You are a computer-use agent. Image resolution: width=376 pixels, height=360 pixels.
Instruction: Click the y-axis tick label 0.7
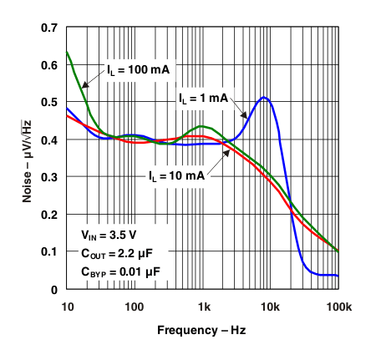pyautogui.click(x=48, y=28)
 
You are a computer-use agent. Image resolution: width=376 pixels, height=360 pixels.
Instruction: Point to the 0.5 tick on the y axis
pyautogui.click(x=48, y=103)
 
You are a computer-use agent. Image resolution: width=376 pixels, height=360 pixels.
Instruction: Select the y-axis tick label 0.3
pyautogui.click(x=48, y=177)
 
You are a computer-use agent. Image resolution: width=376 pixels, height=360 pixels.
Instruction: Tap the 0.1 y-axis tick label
pyautogui.click(x=48, y=252)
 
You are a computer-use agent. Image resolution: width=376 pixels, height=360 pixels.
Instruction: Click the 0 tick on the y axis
pyautogui.click(x=53, y=290)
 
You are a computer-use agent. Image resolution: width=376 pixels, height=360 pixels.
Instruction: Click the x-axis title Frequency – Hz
pyautogui.click(x=202, y=330)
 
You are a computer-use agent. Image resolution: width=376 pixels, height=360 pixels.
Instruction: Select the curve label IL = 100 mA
pyautogui.click(x=137, y=69)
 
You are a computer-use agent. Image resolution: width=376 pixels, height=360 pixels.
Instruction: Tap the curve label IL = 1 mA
pyautogui.click(x=203, y=99)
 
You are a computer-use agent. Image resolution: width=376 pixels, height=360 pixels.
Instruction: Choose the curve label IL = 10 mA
pyautogui.click(x=176, y=176)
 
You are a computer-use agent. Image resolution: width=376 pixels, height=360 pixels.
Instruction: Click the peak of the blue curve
pyautogui.click(x=264, y=98)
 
